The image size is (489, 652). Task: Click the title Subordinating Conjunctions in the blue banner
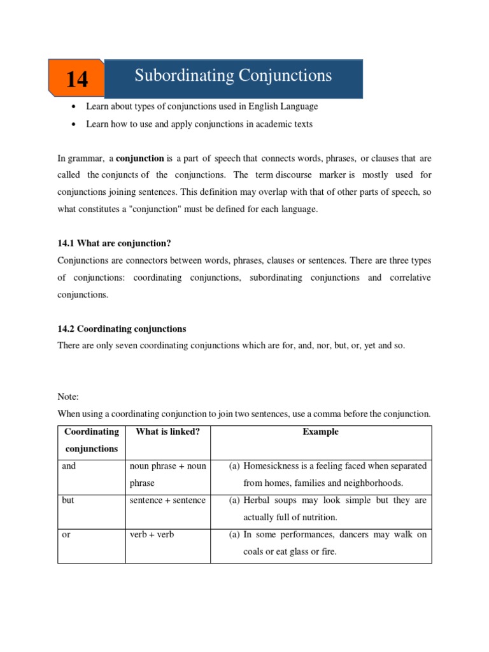click(x=233, y=76)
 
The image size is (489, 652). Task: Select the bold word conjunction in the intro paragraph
click(x=139, y=157)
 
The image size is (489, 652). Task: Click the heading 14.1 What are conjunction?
click(x=115, y=243)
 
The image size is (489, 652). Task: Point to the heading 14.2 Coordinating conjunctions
click(x=122, y=329)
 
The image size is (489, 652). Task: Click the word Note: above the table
click(x=68, y=396)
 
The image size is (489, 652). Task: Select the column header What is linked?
click(x=167, y=432)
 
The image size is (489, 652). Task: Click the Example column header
click(x=320, y=432)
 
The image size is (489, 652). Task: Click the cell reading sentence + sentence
click(x=167, y=500)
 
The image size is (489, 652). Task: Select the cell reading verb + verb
click(x=152, y=535)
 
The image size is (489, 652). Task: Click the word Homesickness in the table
click(x=273, y=466)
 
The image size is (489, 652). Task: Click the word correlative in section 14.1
click(x=407, y=278)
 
